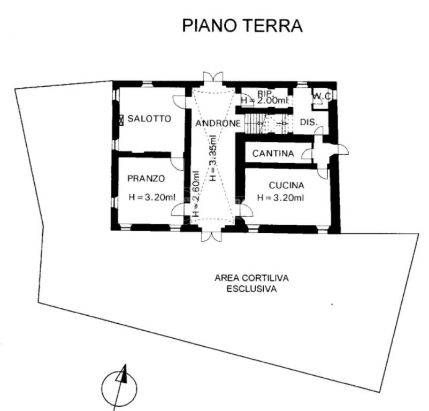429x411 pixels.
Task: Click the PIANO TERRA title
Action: tap(242, 25)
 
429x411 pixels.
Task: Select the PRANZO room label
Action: tap(146, 178)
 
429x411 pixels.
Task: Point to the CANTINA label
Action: tap(273, 154)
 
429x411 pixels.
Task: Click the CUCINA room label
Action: tap(286, 186)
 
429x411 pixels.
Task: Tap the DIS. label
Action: tap(309, 123)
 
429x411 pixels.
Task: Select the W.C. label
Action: tap(323, 96)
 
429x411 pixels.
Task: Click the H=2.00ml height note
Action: tap(264, 100)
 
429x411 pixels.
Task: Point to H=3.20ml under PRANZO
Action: tap(152, 197)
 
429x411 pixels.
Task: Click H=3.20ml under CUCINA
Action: tap(280, 197)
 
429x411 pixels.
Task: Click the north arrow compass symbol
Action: tap(120, 385)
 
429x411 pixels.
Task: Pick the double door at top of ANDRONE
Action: tap(212, 79)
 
